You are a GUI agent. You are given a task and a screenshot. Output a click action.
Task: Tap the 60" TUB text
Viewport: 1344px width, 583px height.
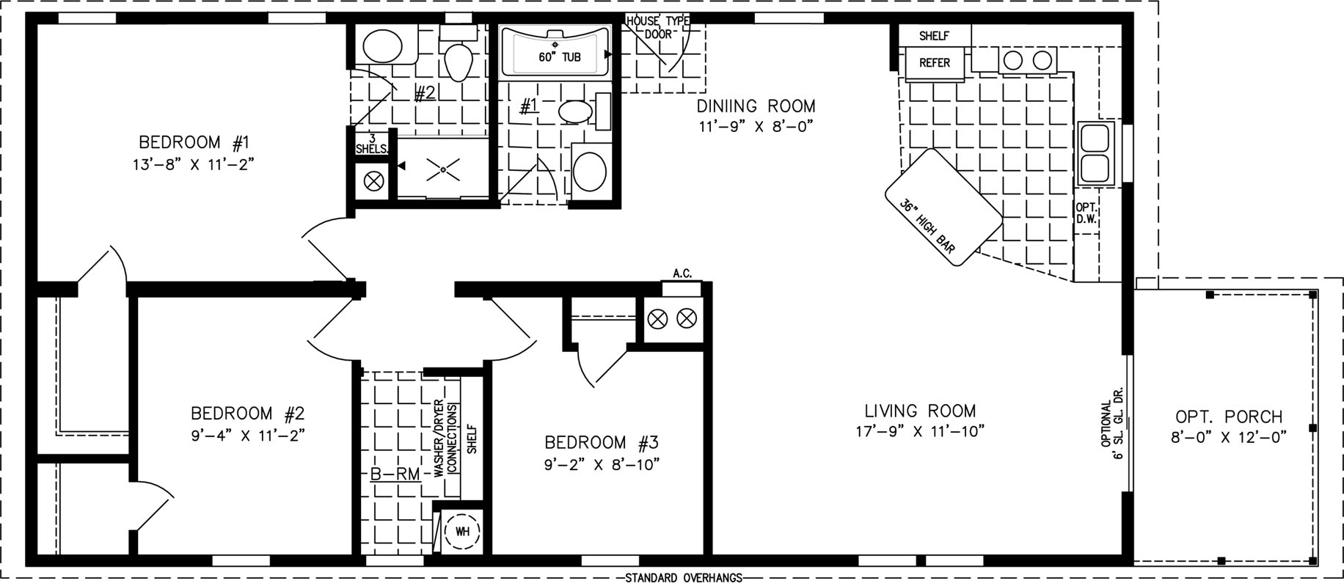(x=560, y=56)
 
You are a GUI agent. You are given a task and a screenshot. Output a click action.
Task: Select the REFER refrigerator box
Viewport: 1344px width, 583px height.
(x=935, y=62)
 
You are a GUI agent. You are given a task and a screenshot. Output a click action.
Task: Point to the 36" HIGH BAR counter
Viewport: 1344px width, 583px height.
(x=943, y=207)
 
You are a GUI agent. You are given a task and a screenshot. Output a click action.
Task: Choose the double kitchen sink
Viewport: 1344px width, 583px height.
(x=1096, y=152)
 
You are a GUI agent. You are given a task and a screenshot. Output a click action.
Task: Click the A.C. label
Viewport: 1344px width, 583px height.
(x=682, y=274)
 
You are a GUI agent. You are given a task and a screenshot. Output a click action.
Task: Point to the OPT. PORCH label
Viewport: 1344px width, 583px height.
(x=1229, y=417)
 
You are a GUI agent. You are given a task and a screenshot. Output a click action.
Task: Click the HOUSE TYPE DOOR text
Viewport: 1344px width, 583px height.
(x=657, y=27)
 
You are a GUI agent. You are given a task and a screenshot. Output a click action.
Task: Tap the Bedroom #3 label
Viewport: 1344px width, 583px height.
(x=602, y=443)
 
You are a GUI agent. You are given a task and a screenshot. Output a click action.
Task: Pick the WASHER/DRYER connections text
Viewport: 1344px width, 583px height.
(x=445, y=440)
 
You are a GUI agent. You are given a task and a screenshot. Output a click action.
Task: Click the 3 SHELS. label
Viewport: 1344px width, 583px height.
(x=372, y=144)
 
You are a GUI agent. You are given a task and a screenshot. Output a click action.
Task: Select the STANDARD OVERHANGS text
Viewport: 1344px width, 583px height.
(x=684, y=577)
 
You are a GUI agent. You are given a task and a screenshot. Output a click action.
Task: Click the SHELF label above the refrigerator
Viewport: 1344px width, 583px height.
(x=934, y=36)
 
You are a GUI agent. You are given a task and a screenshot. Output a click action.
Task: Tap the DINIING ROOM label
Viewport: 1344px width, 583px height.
(x=756, y=107)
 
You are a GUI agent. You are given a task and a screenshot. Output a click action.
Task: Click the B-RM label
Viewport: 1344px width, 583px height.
(x=395, y=474)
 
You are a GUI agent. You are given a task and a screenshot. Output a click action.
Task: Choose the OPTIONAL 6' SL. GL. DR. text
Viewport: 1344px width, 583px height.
(x=1111, y=430)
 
